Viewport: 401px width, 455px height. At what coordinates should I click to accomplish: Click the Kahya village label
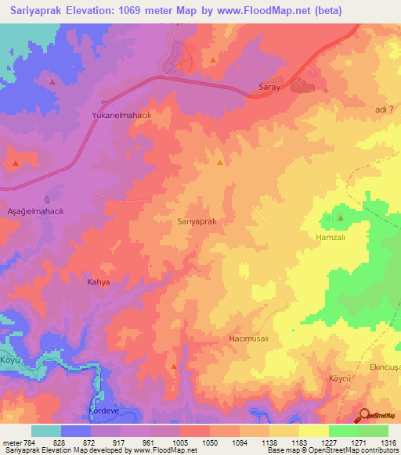(98, 281)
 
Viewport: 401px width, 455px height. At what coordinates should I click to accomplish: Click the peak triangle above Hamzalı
(340, 218)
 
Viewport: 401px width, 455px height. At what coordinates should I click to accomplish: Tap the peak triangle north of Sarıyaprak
(219, 163)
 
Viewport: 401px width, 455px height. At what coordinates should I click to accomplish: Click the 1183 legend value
(298, 442)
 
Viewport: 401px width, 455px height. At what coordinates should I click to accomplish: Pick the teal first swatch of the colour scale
(46, 431)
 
